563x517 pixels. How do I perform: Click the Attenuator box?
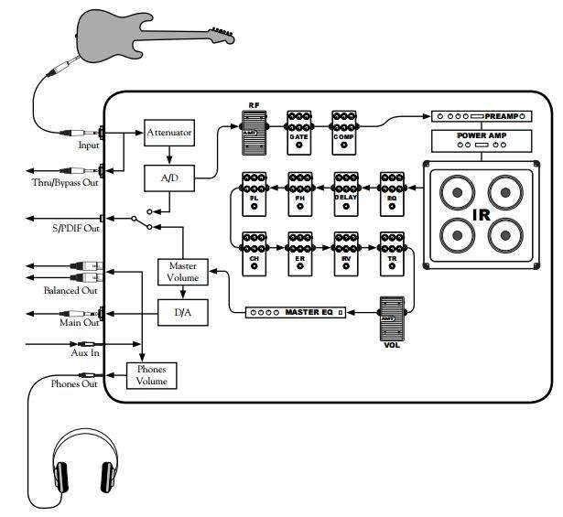169,133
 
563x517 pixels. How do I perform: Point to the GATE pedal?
299,133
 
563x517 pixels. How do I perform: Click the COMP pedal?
345,133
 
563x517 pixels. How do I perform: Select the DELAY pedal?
346,193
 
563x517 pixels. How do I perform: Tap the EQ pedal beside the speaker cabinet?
392,193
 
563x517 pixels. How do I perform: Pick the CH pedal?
253,253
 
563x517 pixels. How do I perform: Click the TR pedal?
392,253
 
